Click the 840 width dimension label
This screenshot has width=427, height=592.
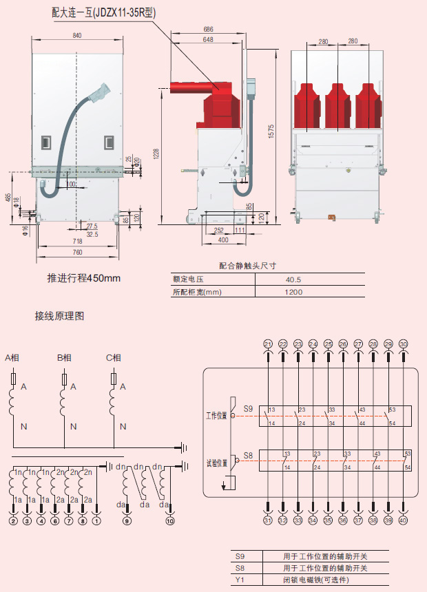click(x=76, y=36)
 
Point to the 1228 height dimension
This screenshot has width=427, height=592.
click(x=156, y=155)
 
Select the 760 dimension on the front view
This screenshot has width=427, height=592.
click(x=77, y=253)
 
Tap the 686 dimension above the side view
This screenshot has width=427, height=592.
click(x=208, y=30)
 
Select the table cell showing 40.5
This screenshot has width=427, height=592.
click(x=293, y=279)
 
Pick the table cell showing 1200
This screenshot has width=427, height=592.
click(x=293, y=292)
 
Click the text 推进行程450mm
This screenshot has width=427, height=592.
click(x=84, y=278)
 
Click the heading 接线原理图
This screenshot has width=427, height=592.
click(x=60, y=317)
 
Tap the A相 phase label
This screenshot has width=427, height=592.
click(x=14, y=357)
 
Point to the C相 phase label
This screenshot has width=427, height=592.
click(x=114, y=357)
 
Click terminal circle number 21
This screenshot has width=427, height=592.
click(x=268, y=343)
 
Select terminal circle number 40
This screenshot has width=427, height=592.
click(x=403, y=520)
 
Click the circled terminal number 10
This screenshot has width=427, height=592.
click(x=170, y=521)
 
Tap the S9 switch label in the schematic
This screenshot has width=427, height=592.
click(x=249, y=409)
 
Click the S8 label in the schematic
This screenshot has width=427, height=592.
click(x=249, y=455)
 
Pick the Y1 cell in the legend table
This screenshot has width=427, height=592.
click(x=240, y=579)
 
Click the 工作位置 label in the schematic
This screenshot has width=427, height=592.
click(x=216, y=416)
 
